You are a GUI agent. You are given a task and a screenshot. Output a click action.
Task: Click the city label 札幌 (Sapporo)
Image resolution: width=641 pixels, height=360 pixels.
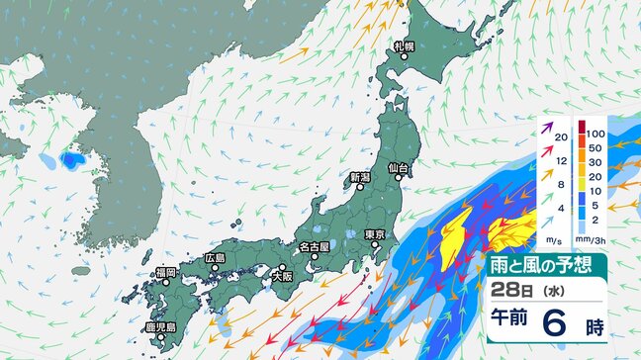[404, 45]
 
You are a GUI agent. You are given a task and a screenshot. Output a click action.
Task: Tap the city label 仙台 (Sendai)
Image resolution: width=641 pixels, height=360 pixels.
[399, 168]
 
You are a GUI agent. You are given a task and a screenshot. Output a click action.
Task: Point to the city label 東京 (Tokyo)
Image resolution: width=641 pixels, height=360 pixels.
[374, 234]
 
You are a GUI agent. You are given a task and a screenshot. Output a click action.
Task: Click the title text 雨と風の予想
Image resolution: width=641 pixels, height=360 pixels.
[543, 264]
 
